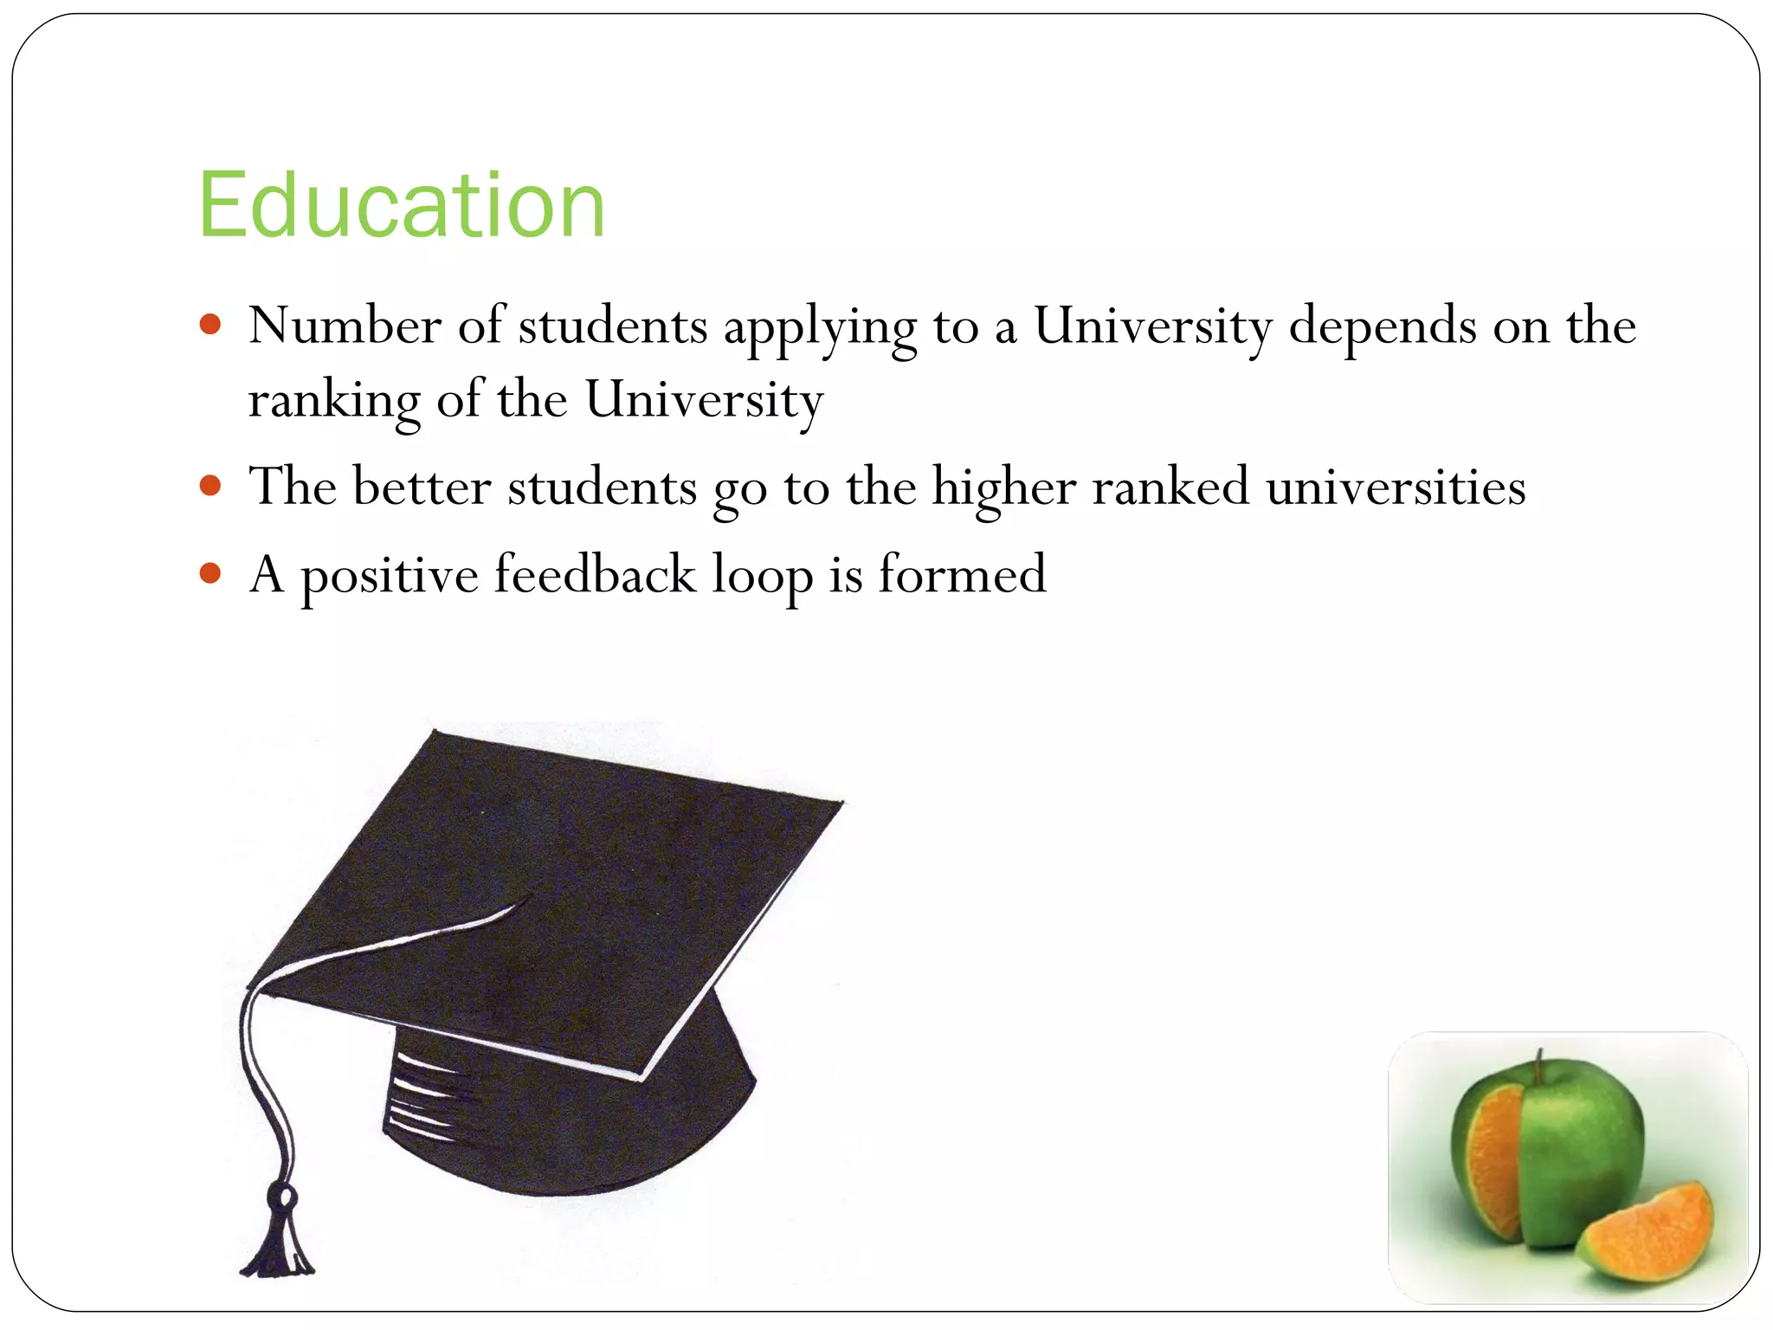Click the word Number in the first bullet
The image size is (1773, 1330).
[x=345, y=326]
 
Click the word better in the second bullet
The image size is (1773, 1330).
[x=422, y=486]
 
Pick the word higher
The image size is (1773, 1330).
[x=1003, y=487]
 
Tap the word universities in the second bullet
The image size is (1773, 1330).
[x=1396, y=486]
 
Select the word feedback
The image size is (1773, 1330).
[x=595, y=573]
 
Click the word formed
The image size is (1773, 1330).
[x=962, y=573]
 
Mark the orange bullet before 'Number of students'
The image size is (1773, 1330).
[x=210, y=325]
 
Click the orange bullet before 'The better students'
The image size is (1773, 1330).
[x=210, y=484]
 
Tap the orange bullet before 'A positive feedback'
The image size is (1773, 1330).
[x=210, y=572]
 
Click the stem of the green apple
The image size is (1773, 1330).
[x=1539, y=1067]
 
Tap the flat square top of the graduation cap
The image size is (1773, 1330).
[x=571, y=883]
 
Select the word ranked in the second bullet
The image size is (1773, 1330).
[x=1170, y=486]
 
